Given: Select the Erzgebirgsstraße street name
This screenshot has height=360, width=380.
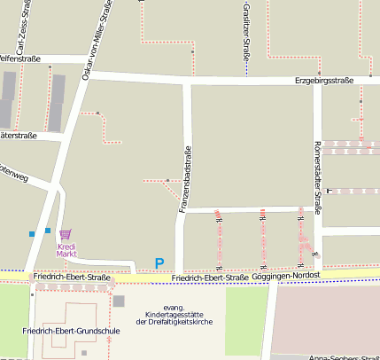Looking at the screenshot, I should (x=324, y=81).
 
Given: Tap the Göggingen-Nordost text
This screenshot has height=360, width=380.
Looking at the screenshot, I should (x=286, y=276).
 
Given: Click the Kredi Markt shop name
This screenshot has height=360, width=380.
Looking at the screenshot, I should (x=66, y=250).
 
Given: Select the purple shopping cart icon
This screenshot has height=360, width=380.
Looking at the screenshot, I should (x=64, y=235).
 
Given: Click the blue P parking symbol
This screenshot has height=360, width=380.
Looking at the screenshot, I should (x=159, y=262).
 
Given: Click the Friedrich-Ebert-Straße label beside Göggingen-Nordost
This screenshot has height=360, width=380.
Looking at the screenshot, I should (x=211, y=278).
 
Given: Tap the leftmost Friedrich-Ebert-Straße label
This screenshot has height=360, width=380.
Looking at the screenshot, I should (x=72, y=278).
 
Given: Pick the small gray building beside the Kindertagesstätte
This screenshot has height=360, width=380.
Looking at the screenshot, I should (x=119, y=301).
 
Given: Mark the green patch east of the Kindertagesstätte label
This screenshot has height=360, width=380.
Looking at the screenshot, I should (x=246, y=309).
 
